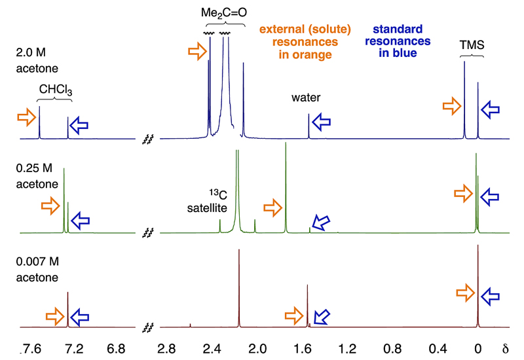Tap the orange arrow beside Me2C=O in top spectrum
[x=196, y=52]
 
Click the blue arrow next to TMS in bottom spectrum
[x=490, y=297]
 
